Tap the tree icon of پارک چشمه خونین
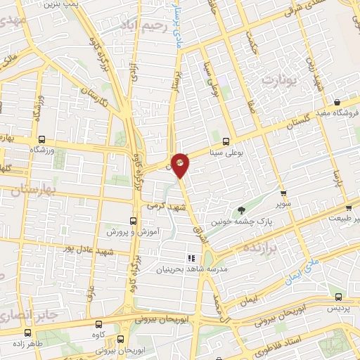pos(241,210)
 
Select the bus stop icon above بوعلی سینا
pos(226,140)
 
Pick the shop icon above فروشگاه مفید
pos(337,103)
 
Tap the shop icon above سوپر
pos(283,192)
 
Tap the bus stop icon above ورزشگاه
pos(42,139)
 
